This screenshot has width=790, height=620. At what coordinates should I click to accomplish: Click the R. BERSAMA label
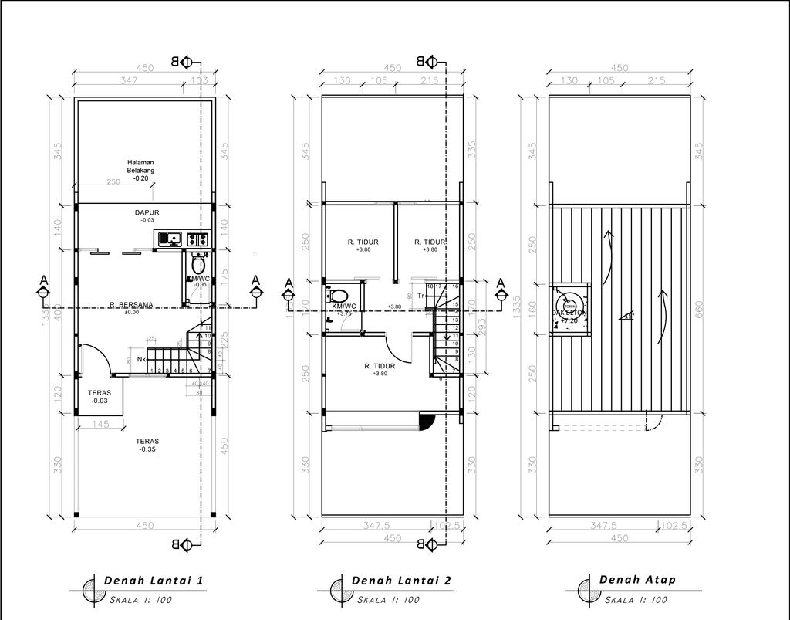coord(130,305)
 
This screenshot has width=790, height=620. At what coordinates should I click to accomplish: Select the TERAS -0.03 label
coord(100,396)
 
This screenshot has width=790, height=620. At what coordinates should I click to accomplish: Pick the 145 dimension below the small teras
coord(100,424)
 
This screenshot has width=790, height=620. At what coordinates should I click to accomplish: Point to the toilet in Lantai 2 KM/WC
coord(337,295)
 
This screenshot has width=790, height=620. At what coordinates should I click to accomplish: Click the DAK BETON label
coord(569,313)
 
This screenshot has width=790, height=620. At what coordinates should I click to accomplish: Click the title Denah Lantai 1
coord(154,580)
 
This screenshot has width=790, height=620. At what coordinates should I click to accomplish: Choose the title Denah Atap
coord(637,579)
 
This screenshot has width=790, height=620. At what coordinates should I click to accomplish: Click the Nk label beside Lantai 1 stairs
coord(142,359)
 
